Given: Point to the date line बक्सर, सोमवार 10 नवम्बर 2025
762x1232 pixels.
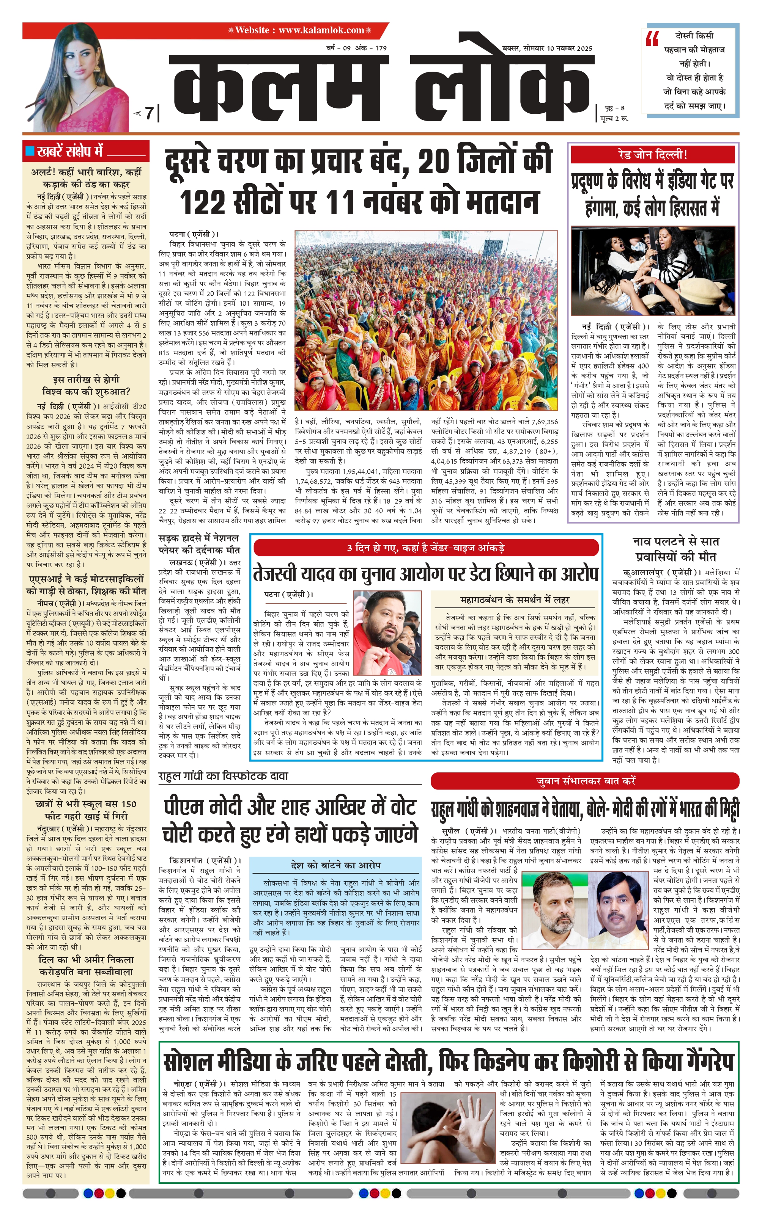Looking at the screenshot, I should point(547,48).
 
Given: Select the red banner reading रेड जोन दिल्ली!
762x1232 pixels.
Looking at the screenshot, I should point(653,155).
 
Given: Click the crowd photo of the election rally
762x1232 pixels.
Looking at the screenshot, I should point(426,320).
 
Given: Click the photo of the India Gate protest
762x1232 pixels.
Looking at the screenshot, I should point(653,270).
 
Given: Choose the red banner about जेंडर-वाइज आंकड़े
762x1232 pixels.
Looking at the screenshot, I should point(426,548).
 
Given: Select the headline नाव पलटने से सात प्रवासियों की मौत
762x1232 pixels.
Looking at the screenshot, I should point(675,549).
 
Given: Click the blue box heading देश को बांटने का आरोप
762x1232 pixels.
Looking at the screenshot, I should point(335,865).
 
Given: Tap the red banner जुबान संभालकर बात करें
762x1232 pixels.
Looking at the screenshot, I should point(585,781).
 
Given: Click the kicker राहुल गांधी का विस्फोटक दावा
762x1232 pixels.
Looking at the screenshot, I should point(223,776).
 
